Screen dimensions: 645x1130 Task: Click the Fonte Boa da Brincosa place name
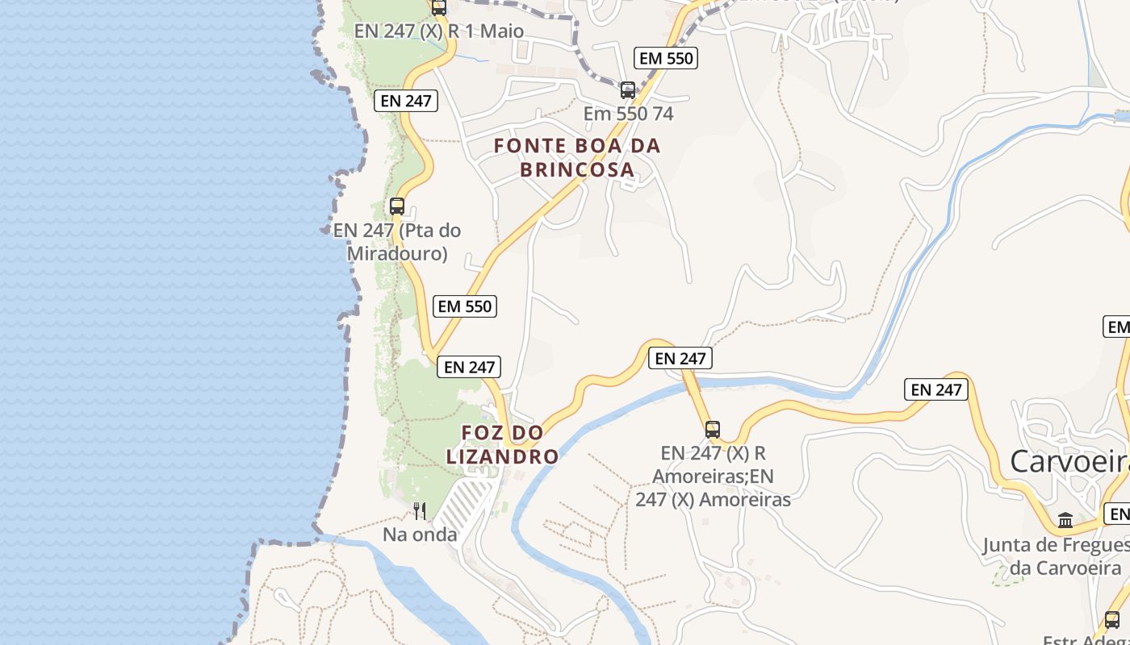point(576,158)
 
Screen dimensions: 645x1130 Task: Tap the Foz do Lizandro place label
point(502,444)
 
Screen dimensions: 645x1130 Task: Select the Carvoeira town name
point(1069,462)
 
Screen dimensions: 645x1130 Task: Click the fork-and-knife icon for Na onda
point(420,510)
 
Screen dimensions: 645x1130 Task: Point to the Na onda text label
point(420,535)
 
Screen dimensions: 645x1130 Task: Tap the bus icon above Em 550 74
point(627,89)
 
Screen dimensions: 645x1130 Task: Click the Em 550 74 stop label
point(628,114)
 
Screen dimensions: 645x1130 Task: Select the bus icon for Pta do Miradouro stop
point(396,206)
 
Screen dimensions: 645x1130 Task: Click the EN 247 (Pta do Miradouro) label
point(397,242)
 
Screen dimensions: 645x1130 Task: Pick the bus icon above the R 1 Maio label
point(438,8)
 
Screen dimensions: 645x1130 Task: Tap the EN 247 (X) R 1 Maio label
point(439,31)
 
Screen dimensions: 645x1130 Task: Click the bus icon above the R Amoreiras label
point(712,429)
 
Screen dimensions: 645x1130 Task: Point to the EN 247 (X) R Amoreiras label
point(713,476)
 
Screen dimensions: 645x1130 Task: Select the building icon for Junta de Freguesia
point(1065,520)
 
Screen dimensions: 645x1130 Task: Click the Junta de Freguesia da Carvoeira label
point(1056,556)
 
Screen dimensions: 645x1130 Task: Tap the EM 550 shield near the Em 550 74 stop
point(666,58)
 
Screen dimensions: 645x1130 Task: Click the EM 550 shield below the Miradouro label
point(464,306)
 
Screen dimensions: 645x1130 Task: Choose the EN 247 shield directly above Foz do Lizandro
point(469,367)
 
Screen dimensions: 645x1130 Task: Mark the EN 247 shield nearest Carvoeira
point(936,389)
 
